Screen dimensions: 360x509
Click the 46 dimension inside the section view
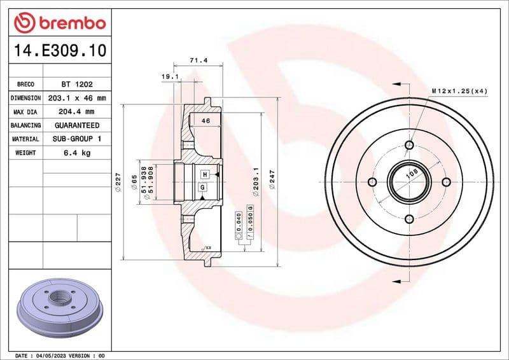[206, 120]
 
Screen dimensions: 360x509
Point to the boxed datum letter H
[205, 174]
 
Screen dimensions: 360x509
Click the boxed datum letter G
[202, 187]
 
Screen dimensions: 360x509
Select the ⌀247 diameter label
[273, 181]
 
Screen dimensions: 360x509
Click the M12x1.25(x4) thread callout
[459, 92]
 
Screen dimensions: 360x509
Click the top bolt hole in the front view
[407, 144]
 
